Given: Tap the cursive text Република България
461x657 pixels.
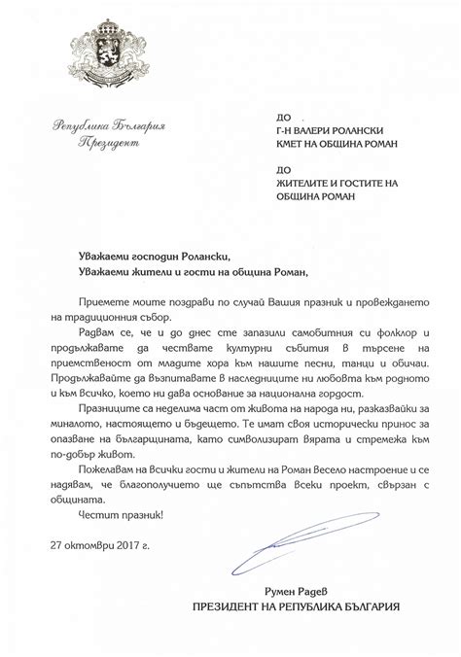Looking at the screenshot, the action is (97, 125).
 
